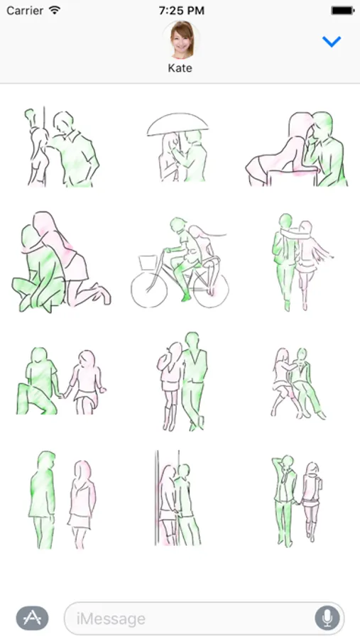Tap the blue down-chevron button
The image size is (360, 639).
(332, 41)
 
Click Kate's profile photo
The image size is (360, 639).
(181, 40)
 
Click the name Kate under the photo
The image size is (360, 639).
(180, 68)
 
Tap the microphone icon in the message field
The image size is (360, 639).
(327, 618)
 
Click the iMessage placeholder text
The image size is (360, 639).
(111, 618)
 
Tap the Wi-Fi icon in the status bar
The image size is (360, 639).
(54, 10)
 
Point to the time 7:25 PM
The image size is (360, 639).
(182, 11)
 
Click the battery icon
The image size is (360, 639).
(342, 11)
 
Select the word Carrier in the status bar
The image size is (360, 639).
(25, 11)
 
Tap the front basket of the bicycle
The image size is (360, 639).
(148, 262)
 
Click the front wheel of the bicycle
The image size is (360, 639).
(149, 290)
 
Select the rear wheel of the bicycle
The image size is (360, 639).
(211, 290)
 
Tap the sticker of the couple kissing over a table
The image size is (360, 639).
(296, 149)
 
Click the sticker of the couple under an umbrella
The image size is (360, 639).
(178, 147)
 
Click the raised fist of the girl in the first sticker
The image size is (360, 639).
(29, 114)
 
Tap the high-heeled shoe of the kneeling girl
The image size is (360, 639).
(102, 293)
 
